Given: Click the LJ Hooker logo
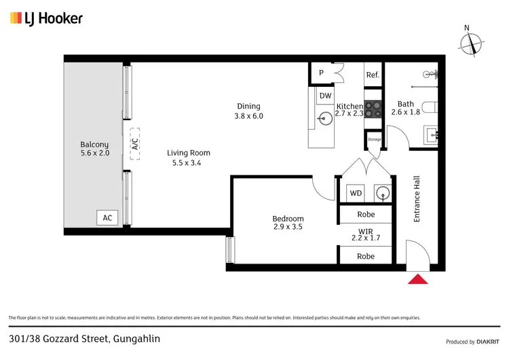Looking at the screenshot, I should coord(46,18).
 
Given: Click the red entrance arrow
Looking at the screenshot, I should coord(418,279).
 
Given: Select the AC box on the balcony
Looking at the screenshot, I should coord(107,218).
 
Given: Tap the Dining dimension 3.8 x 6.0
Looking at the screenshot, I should coord(248,116).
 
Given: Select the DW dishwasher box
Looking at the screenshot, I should coord(325,96).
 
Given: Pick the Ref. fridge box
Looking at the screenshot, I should coord(372,75).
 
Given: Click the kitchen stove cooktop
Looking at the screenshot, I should coord(373,107).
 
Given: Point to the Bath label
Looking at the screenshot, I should coord(406,104).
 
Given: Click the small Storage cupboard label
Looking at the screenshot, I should coord(374,139).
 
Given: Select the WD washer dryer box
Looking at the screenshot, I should coord(356,193).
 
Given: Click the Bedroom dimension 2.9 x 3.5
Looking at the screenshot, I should coord(288,228).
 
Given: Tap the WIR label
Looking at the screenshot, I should coord(365,232).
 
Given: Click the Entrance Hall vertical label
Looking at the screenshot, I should coord(418,199).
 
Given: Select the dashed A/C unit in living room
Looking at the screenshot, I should coord(134,144).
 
